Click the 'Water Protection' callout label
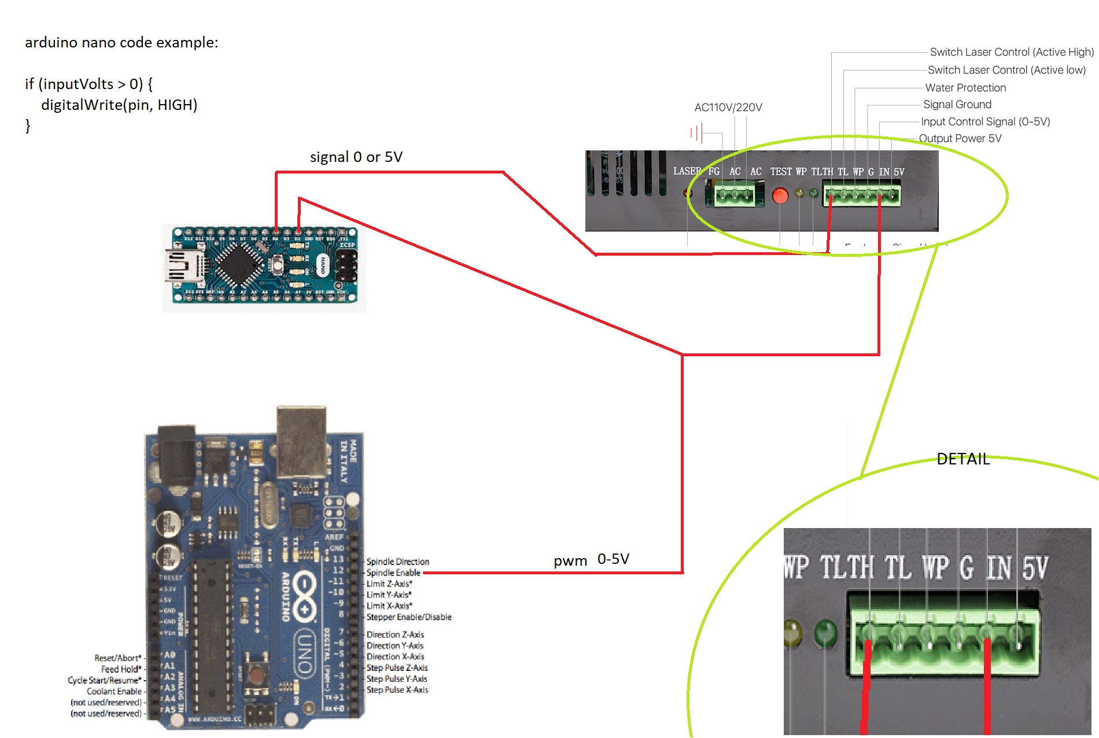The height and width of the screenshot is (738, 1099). (x=965, y=88)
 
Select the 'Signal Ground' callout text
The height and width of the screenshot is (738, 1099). (x=957, y=105)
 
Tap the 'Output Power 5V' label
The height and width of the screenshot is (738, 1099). (x=960, y=139)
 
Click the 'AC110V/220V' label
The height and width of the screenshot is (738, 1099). (x=728, y=108)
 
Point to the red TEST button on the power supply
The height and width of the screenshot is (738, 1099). (x=780, y=196)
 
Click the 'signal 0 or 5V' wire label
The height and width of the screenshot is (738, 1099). (x=356, y=157)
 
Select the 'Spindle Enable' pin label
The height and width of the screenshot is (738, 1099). (x=393, y=573)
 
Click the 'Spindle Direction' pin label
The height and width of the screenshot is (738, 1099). (x=397, y=562)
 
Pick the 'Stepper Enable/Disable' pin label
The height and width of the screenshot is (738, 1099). (x=409, y=617)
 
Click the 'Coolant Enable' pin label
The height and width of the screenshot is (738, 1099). (x=114, y=692)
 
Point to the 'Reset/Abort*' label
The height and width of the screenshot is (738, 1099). (x=118, y=658)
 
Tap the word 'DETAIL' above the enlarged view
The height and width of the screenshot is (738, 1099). (x=963, y=459)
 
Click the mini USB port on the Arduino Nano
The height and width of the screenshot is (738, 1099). (x=184, y=267)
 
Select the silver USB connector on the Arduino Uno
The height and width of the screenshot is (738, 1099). (x=301, y=442)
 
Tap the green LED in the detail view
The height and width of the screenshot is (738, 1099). (x=825, y=633)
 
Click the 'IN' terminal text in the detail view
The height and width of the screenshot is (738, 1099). (x=999, y=568)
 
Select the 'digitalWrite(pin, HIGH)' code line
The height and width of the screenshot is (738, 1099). (x=119, y=105)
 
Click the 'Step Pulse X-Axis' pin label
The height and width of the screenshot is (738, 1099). (x=397, y=690)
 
